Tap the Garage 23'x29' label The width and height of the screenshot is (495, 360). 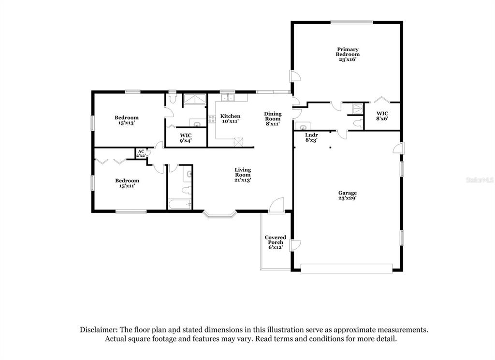tap(348, 195)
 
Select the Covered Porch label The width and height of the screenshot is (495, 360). tap(275, 242)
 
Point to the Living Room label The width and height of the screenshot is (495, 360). tap(243, 175)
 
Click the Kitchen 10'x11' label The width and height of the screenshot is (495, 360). tap(230, 119)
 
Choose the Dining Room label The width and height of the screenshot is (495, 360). tap(273, 119)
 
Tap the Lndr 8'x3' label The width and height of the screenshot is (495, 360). tap(311, 137)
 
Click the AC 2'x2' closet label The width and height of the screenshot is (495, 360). tap(141, 153)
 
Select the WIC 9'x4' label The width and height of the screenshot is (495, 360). tap(186, 138)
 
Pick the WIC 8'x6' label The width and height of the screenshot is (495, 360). tap(382, 116)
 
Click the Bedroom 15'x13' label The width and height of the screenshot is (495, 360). tap(127, 120)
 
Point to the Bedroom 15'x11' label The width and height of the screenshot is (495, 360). tap(127, 183)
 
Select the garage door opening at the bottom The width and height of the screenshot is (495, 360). tap(346, 269)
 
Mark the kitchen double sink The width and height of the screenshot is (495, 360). tap(228, 97)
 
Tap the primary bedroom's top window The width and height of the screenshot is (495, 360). tap(352, 22)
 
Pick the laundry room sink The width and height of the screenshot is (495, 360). tap(303, 126)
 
